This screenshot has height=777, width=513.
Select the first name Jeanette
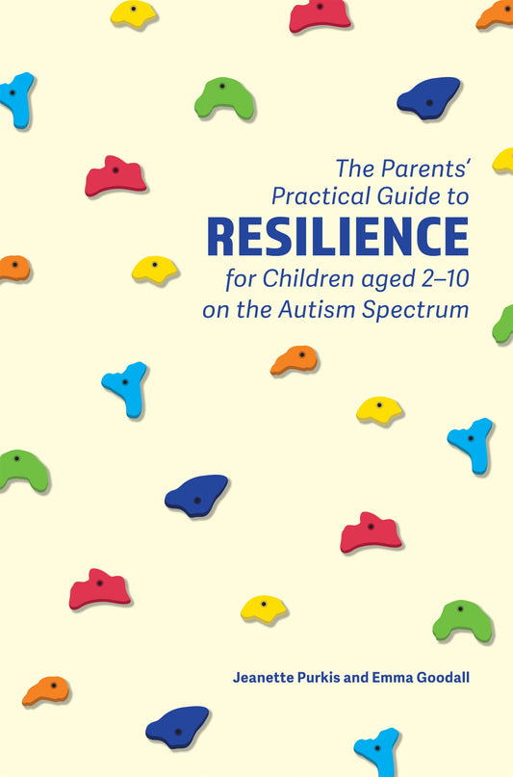(265, 677)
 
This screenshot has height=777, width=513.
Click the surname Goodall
(457, 677)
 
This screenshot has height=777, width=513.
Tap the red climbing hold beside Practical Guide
(115, 176)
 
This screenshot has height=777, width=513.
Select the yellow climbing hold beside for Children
(154, 269)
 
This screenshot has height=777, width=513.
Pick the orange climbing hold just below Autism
(294, 360)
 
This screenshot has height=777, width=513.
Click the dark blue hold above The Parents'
(429, 96)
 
